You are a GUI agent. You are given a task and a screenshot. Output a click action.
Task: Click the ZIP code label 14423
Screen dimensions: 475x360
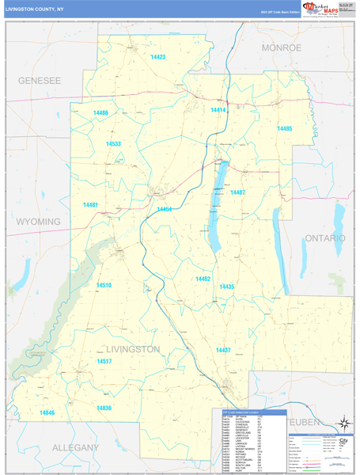[158, 58]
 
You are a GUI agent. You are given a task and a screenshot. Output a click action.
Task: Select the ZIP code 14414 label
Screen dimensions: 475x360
[218, 110]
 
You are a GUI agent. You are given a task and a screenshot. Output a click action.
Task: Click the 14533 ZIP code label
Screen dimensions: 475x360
[113, 144]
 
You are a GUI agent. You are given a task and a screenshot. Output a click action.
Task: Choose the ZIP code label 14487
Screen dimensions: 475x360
[238, 192]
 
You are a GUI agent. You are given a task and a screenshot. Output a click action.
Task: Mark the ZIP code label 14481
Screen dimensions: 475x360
[90, 205]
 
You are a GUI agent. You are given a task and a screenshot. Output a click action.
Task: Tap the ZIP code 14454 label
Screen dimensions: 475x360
[165, 209]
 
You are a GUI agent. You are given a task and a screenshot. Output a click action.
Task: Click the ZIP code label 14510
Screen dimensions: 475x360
[104, 284]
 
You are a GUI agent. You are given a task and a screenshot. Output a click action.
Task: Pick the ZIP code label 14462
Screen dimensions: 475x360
[203, 279]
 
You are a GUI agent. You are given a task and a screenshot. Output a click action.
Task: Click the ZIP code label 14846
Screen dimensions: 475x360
[47, 413]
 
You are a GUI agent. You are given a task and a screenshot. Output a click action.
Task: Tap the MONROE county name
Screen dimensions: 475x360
[282, 48]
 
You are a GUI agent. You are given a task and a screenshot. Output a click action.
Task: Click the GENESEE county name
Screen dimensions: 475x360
[40, 81]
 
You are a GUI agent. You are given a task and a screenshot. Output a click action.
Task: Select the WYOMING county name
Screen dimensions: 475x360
[39, 222]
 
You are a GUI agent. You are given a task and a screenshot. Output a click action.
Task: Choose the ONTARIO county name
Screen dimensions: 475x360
[325, 237]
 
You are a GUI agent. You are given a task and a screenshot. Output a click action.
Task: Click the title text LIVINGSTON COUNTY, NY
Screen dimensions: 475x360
[35, 9]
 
